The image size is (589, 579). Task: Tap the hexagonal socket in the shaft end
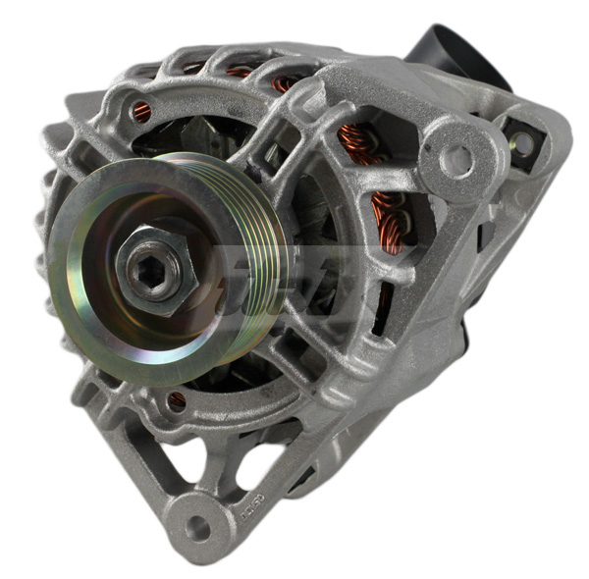(149, 272)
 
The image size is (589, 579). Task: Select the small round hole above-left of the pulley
(142, 112)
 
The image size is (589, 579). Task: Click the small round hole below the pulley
(177, 400)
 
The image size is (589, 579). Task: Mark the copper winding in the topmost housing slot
(239, 72)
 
